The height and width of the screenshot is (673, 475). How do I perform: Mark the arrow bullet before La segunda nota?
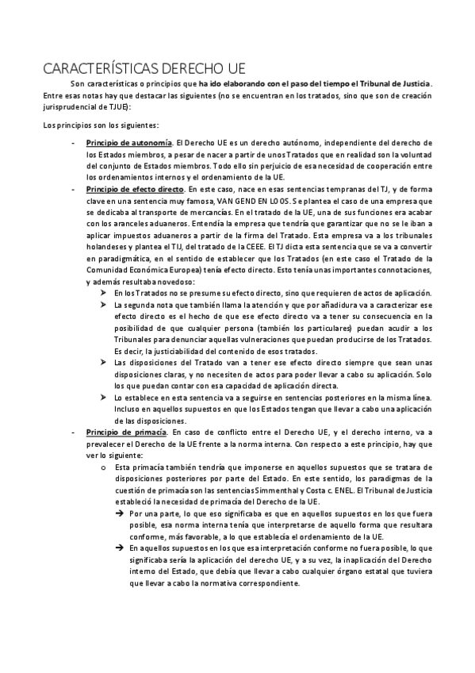click(x=105, y=304)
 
